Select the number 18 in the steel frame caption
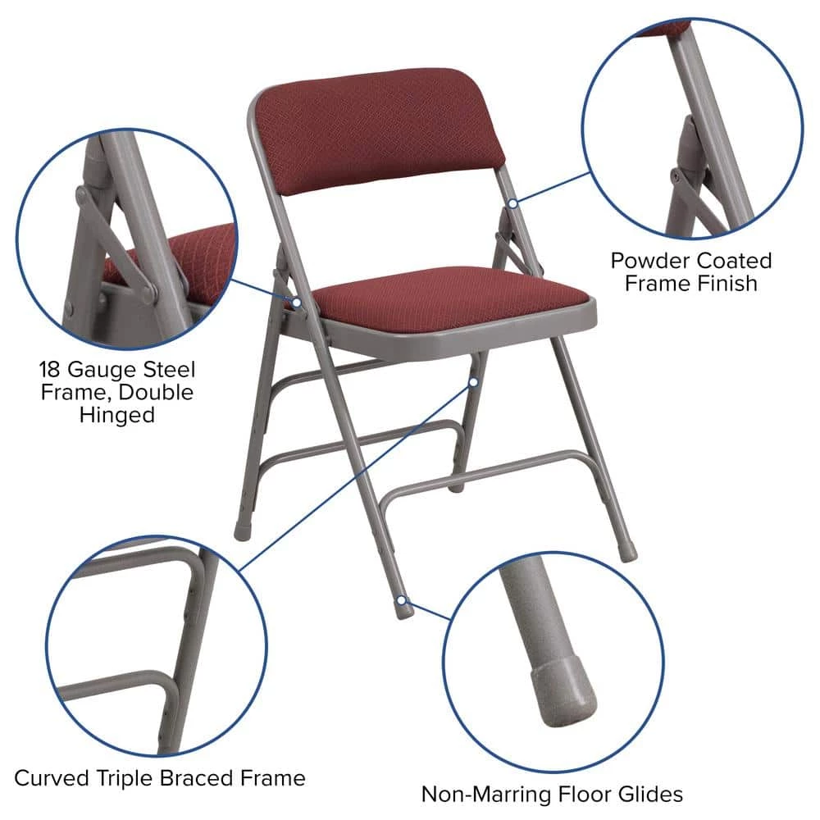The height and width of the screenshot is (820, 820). tap(52, 369)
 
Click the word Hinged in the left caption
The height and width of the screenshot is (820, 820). tap(116, 415)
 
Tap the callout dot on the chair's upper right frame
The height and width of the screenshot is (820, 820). tap(512, 201)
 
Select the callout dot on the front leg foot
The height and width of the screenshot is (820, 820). tap(401, 601)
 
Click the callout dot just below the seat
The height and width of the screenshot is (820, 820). tap(474, 381)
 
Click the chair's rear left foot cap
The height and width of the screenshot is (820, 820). tap(243, 531)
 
